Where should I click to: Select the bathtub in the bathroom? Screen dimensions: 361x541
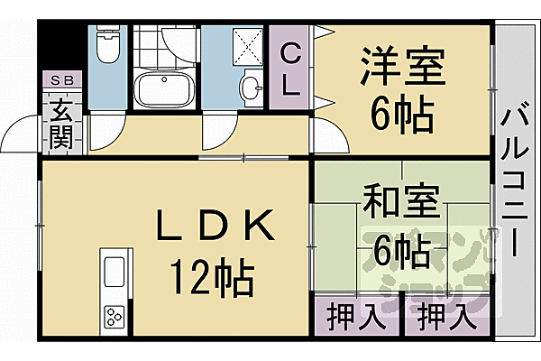(x=162, y=91)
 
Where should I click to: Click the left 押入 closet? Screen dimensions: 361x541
(x=347, y=319)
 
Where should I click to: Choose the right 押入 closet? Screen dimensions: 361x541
(x=444, y=319)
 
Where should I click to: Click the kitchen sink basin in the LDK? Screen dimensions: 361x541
(x=115, y=272)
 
